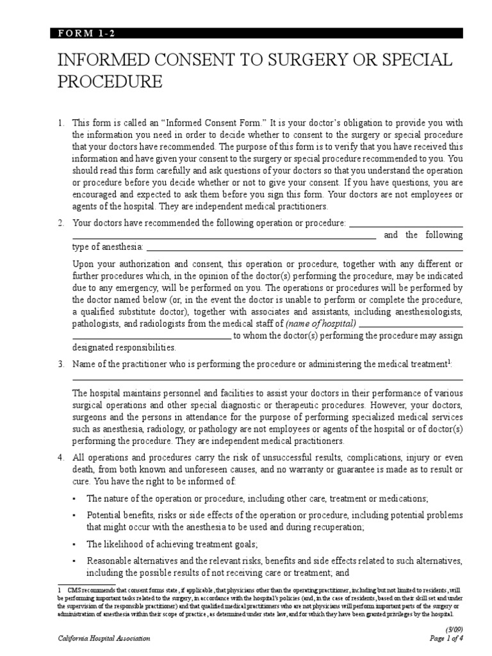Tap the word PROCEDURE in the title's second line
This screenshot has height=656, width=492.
[x=110, y=83]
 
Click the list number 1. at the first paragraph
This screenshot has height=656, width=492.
[x=61, y=122]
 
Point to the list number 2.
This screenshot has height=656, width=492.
[x=61, y=224]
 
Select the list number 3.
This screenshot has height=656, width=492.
[x=61, y=365]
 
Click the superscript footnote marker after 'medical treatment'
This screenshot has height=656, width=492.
[x=450, y=362]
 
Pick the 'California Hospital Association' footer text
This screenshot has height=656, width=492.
[x=104, y=639]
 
